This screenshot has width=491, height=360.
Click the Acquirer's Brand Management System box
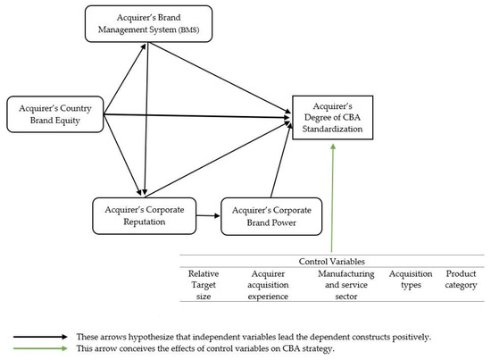click(148, 24)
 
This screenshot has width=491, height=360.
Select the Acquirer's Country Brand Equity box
click(55, 114)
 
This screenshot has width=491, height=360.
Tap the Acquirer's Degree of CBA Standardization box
click(333, 118)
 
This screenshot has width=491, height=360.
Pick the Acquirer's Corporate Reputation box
click(145, 216)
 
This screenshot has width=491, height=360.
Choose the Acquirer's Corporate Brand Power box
click(271, 216)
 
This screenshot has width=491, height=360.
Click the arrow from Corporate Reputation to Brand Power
click(208, 215)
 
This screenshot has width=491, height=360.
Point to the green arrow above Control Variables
click(332, 198)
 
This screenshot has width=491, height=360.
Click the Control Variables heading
click(331, 262)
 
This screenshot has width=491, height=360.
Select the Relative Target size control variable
click(204, 285)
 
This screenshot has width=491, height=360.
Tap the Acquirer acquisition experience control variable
click(268, 285)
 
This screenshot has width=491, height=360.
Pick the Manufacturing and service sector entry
click(346, 285)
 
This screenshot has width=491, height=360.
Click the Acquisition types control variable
click(411, 280)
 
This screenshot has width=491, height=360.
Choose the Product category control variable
click(461, 280)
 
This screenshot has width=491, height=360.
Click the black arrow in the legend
click(40, 337)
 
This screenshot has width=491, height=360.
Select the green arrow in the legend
click(40, 348)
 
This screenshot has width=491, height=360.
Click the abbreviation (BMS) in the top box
click(189, 30)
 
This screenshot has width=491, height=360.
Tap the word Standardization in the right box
click(332, 130)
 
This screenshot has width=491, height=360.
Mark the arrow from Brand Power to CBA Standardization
click(281, 160)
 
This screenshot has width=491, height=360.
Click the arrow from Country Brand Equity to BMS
click(125, 79)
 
